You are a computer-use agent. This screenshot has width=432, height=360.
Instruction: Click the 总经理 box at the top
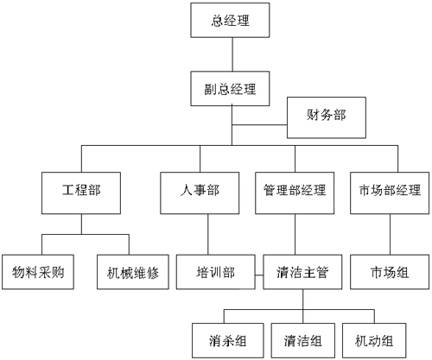tap(230, 20)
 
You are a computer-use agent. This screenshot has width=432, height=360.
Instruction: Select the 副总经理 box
tap(230, 89)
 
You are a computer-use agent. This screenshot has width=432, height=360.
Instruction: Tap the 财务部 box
tap(327, 117)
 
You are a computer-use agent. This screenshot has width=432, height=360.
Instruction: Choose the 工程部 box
tap(81, 193)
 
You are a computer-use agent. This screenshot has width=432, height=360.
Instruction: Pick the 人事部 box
tap(200, 193)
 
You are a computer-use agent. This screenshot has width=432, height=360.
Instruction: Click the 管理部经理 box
tap(295, 193)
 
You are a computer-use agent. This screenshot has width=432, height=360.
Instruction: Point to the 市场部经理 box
tap(390, 193)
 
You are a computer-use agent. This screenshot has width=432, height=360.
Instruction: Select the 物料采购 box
tap(38, 272)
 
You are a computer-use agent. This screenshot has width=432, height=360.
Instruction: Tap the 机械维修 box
tap(133, 272)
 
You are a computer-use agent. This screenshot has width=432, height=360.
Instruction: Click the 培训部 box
tap(216, 272)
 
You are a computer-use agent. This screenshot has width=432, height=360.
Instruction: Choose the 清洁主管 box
tap(302, 272)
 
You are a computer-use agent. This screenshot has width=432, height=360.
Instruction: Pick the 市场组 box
tap(390, 272)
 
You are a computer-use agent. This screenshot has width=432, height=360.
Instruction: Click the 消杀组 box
tap(228, 340)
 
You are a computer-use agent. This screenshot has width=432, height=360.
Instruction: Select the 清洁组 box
tap(303, 340)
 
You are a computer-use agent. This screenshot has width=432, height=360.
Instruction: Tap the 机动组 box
tap(374, 340)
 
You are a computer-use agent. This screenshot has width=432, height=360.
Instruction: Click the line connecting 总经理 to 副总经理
tap(232, 54)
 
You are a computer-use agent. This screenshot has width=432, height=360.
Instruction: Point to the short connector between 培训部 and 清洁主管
tap(259, 275)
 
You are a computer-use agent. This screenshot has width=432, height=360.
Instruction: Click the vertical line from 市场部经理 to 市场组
tap(391, 234)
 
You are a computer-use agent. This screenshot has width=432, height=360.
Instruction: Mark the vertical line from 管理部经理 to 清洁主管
tap(295, 234)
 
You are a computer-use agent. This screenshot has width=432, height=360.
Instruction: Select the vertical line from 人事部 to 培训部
tap(208, 234)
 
